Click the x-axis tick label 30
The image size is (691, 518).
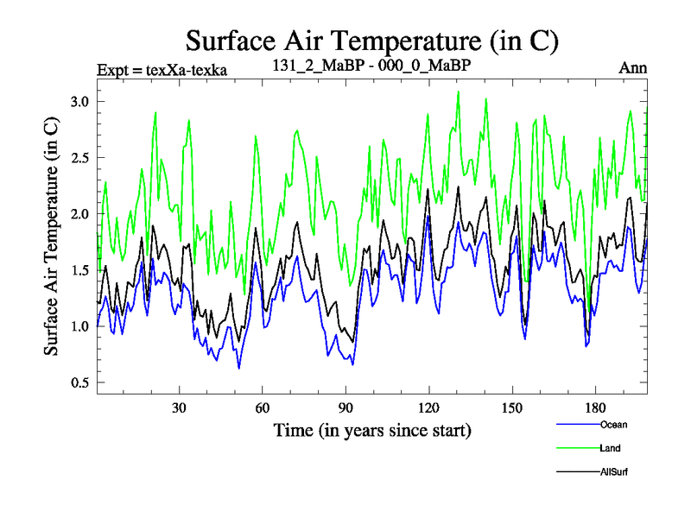click(x=180, y=408)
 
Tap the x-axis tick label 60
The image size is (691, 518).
click(x=263, y=408)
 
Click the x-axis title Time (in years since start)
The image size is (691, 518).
click(x=372, y=429)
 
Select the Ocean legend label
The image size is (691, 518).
click(x=612, y=425)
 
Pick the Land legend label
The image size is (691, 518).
click(x=610, y=448)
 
